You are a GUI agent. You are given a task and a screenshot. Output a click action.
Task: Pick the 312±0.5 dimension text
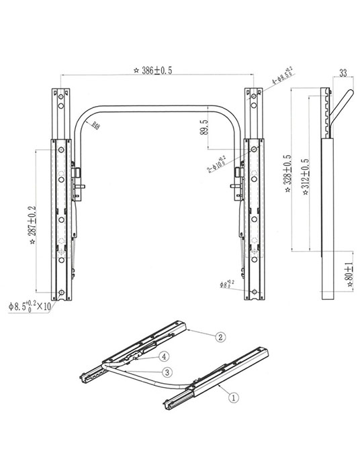306,176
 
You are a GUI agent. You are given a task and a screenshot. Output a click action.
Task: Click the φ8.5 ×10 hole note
30,307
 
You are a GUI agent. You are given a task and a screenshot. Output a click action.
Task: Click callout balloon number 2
221,338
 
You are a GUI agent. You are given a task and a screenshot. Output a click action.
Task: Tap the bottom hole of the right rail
255,292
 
